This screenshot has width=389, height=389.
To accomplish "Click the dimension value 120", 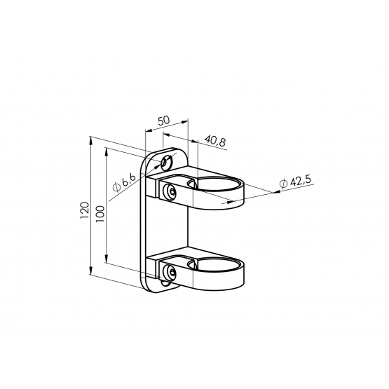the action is (x=85, y=210).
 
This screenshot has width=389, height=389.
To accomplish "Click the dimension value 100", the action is (x=100, y=214).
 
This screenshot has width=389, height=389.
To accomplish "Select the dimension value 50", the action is (x=164, y=121).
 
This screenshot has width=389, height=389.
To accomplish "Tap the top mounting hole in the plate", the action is (x=167, y=163).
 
